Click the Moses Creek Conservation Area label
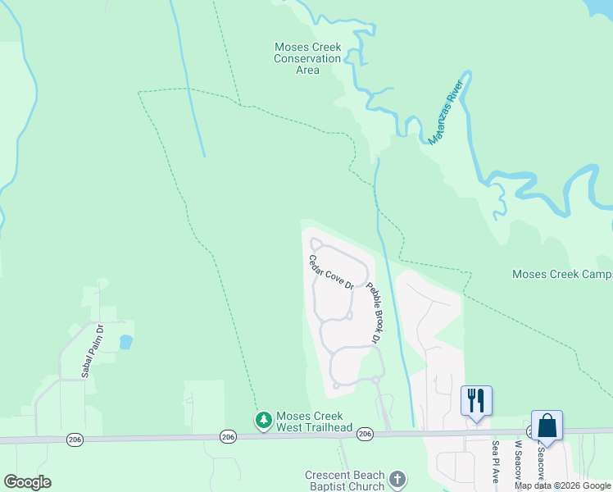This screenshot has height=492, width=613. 307,58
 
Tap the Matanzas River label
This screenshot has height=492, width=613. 446,112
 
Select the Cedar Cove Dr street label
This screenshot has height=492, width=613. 330,272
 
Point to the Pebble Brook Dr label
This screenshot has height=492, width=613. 374,312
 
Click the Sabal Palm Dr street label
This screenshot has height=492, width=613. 92,352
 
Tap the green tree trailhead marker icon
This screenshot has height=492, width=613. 263,421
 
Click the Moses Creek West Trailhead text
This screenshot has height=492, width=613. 314,421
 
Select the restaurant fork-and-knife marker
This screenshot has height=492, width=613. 476,401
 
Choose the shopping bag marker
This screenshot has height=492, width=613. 547,426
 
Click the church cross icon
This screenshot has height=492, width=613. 397,480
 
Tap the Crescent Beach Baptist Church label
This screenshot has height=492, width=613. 344,481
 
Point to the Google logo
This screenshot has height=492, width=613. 27,482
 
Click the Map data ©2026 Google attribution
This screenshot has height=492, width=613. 563,485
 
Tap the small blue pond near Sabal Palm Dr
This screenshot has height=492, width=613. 125,342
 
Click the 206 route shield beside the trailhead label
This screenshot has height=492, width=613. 366,434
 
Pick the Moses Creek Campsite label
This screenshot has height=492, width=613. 562,274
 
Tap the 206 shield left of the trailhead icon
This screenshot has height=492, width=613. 227,437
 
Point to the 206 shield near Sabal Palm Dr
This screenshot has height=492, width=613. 75,440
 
